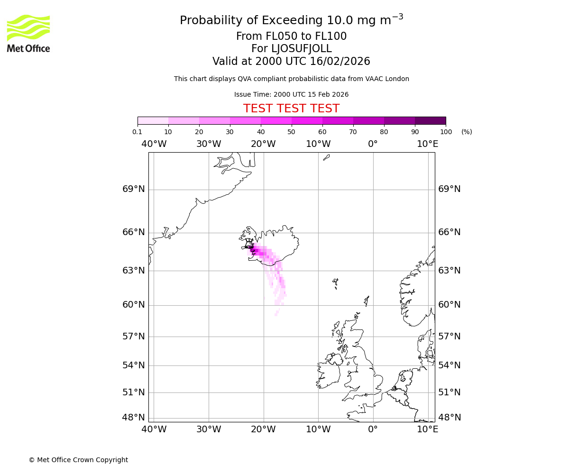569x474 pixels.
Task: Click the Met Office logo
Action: click(28, 33)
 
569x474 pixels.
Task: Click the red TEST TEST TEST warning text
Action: click(291, 109)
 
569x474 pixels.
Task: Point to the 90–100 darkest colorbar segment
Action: click(430, 120)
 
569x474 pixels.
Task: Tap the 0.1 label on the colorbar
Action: click(137, 132)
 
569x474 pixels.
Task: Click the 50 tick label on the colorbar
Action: click(291, 132)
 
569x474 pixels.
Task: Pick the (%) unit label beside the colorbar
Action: click(467, 132)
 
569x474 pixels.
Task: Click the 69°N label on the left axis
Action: click(134, 189)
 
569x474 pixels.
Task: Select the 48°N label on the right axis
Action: click(449, 418)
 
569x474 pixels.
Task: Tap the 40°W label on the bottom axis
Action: click(154, 429)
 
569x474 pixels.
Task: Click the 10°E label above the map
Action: click(428, 144)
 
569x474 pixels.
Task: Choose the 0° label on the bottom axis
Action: click(373, 429)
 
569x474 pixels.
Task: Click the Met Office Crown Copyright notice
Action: click(78, 460)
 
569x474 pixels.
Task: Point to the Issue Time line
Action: click(291, 94)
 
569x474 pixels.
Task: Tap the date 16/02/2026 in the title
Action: click(340, 62)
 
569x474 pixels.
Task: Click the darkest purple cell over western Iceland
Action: click(250, 247)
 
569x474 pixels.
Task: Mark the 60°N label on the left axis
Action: click(134, 304)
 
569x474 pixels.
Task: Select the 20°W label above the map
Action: click(263, 144)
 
